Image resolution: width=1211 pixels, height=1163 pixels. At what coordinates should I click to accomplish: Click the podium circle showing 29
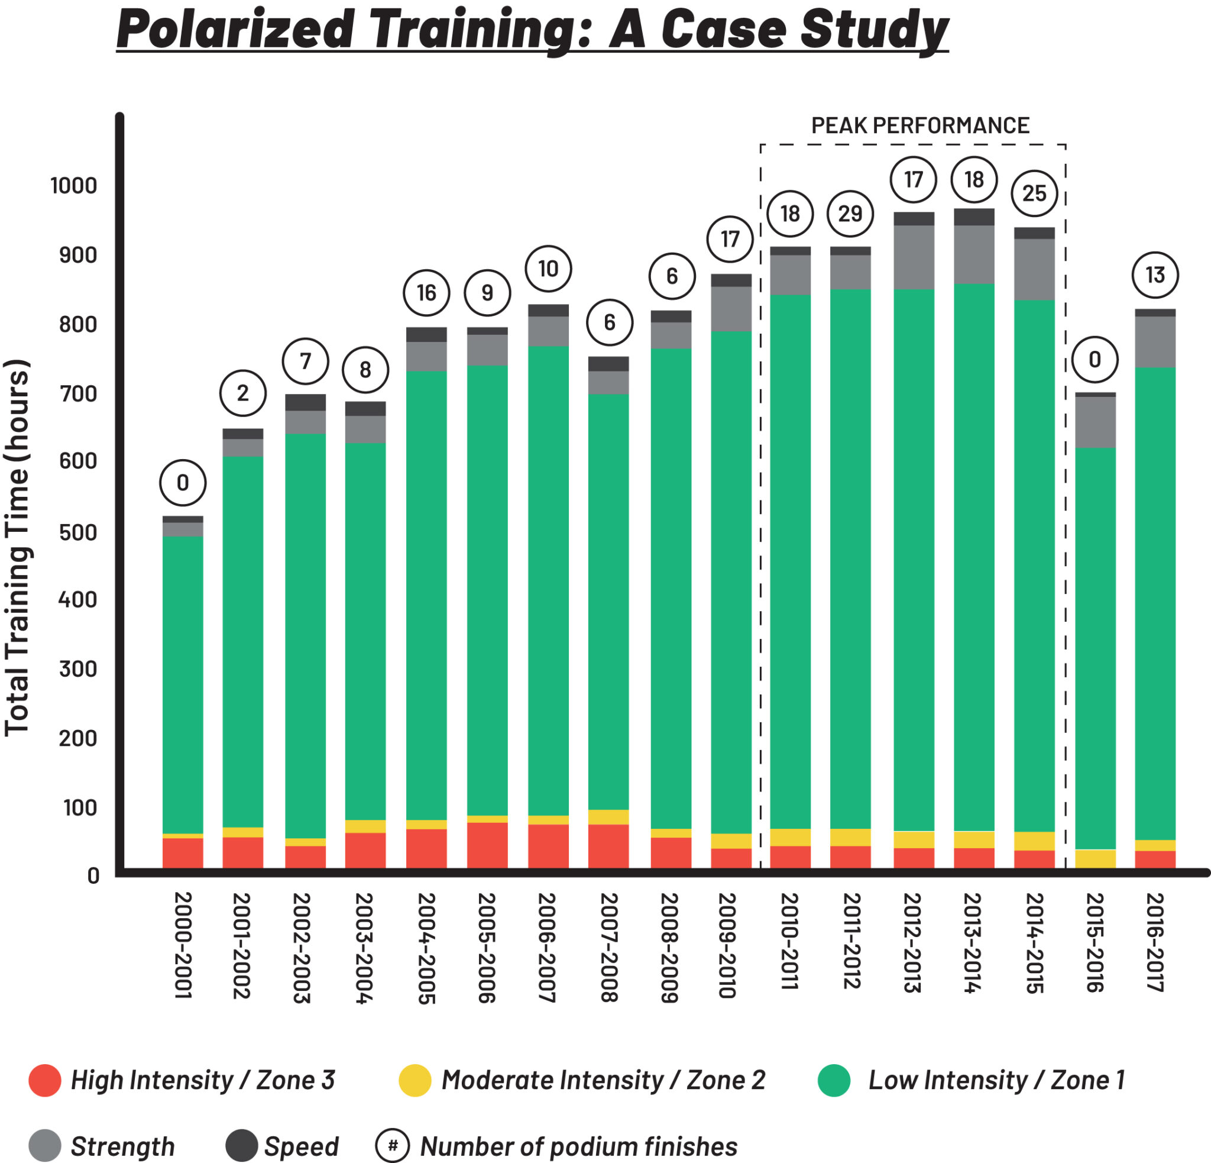(x=850, y=214)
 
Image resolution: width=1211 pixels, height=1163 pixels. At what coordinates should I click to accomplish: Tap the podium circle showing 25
(x=1034, y=193)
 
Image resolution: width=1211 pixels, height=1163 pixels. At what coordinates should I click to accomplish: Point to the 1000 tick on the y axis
(x=73, y=185)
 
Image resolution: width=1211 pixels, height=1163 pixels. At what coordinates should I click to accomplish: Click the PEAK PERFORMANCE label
(x=920, y=125)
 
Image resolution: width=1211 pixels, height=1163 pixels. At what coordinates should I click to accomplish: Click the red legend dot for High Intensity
(x=45, y=1081)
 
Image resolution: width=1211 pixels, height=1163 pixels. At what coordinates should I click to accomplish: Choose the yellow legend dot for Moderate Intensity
(x=415, y=1081)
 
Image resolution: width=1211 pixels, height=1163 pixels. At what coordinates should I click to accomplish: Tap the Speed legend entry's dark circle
(x=242, y=1146)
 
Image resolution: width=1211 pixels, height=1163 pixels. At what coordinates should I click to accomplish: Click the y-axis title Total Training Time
(x=17, y=547)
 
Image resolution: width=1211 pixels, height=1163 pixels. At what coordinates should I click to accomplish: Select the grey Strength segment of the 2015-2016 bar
(x=1095, y=422)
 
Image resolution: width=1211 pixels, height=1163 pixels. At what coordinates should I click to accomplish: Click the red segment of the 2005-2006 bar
(x=487, y=845)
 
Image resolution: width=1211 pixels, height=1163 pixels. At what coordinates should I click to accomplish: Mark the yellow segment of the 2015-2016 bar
(x=1095, y=858)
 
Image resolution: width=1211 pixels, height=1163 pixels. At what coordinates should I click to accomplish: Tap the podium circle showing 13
(x=1155, y=275)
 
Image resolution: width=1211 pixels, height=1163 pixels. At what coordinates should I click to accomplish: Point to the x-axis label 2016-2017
(x=1155, y=942)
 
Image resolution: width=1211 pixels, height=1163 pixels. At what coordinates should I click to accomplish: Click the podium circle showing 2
(x=243, y=393)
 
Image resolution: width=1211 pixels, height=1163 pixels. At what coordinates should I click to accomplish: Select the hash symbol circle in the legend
(x=393, y=1146)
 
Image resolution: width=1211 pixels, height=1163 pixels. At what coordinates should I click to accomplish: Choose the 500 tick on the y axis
(x=78, y=532)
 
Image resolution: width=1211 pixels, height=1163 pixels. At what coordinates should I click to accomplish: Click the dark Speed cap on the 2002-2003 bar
(x=305, y=402)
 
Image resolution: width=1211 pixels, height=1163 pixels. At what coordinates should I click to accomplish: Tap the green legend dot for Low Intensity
(x=834, y=1081)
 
